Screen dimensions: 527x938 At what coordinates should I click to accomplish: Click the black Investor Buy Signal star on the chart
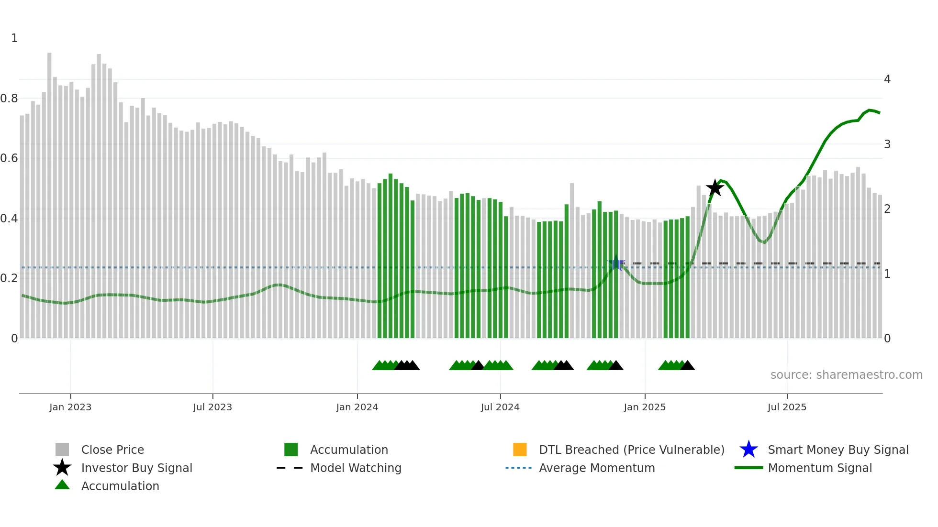click(x=715, y=188)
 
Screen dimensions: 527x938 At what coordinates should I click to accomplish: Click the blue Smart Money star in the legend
click(x=748, y=450)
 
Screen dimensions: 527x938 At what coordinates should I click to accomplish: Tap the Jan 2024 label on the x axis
click(x=357, y=407)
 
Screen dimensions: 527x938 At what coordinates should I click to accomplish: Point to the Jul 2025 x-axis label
click(x=787, y=407)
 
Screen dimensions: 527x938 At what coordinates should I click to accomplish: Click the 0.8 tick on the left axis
click(x=10, y=99)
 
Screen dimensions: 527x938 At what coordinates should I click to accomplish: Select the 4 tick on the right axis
click(x=887, y=79)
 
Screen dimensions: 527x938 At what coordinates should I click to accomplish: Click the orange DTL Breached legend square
click(x=520, y=450)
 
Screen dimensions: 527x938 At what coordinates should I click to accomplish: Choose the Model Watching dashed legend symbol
click(x=290, y=468)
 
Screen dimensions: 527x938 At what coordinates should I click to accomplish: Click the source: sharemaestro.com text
click(x=846, y=375)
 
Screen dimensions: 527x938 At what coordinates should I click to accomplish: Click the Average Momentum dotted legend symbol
click(x=518, y=468)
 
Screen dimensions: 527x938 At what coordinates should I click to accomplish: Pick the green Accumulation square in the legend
click(x=291, y=450)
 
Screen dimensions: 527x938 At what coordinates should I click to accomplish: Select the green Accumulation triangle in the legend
click(x=62, y=485)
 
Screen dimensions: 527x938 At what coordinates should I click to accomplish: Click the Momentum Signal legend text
click(x=819, y=468)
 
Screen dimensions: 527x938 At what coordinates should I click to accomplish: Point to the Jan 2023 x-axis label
click(x=70, y=407)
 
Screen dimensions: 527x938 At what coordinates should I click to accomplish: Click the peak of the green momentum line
click(x=870, y=110)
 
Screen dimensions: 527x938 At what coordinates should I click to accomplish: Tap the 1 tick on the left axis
click(x=14, y=38)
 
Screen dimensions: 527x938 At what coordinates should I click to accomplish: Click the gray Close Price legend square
click(x=62, y=450)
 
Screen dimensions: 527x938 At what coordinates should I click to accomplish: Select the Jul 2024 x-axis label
click(x=500, y=407)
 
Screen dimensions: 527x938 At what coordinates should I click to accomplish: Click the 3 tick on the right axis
click(x=887, y=144)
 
